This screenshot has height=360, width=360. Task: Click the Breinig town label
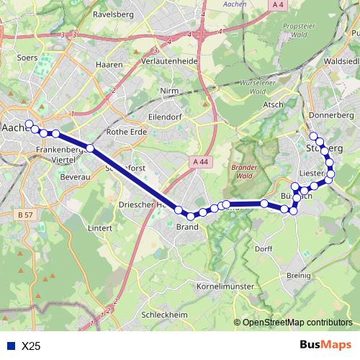298,276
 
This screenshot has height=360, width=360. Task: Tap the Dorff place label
264,248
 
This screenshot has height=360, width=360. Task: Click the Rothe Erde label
126,132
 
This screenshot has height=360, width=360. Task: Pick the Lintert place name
99,228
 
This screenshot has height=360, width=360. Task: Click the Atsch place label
274,104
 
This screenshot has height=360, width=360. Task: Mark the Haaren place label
105,64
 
